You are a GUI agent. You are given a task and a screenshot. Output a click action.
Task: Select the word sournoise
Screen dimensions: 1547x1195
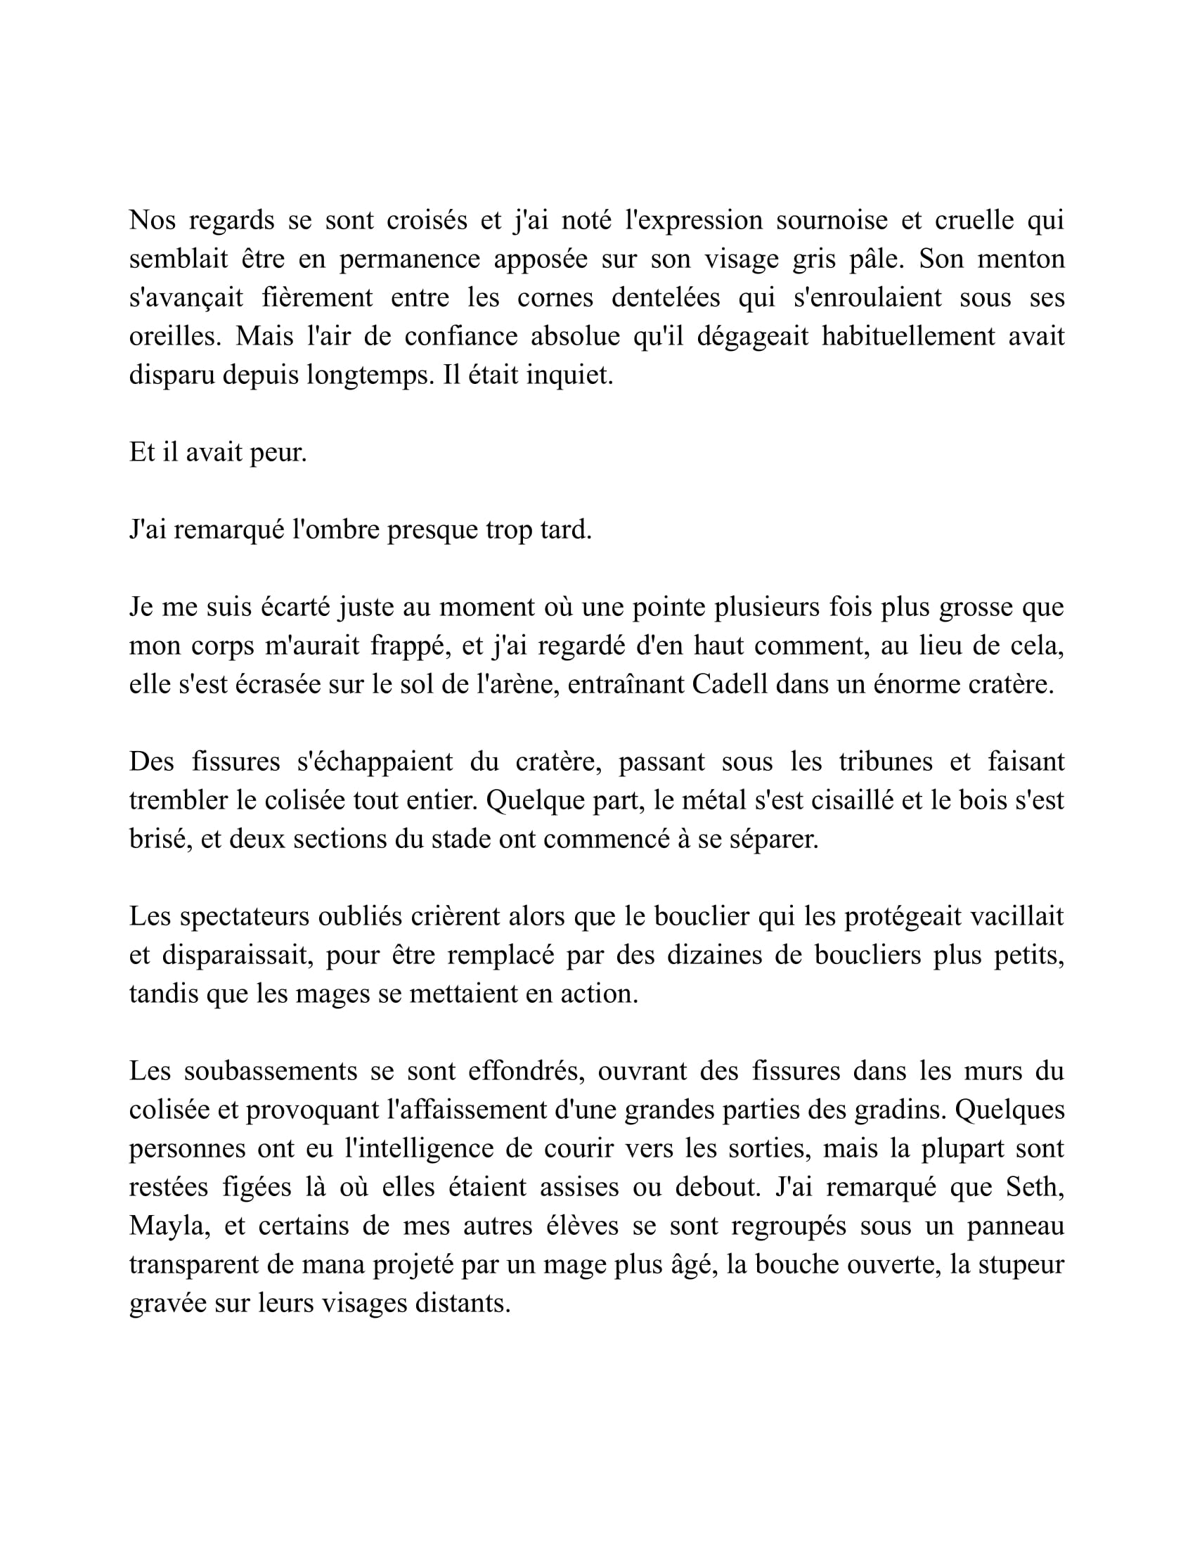tap(831, 220)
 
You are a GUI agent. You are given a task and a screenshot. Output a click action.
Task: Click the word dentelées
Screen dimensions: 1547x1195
tap(666, 297)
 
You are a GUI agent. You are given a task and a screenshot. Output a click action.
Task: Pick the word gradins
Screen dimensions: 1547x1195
tap(899, 1109)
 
